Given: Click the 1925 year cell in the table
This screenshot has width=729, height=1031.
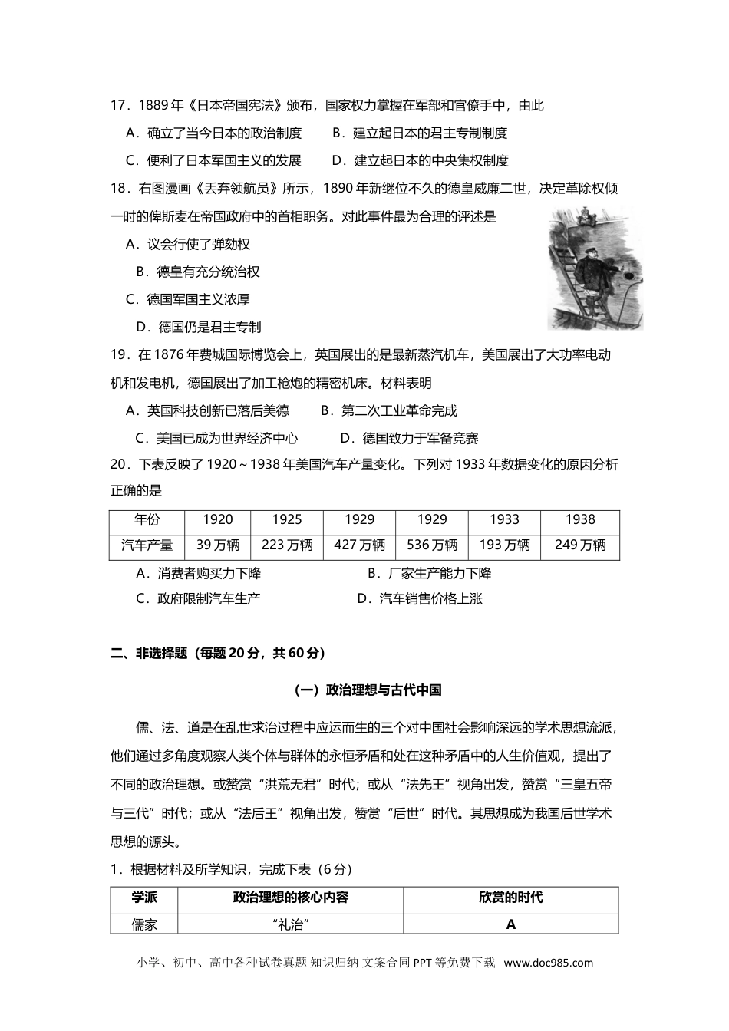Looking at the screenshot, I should pyautogui.click(x=286, y=519).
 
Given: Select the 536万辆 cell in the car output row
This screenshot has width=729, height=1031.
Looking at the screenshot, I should pyautogui.click(x=431, y=545).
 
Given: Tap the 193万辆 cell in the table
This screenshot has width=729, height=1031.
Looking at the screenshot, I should pyautogui.click(x=504, y=545).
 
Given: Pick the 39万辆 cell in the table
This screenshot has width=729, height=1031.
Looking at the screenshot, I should pyautogui.click(x=218, y=545).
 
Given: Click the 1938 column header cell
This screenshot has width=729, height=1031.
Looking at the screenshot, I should pyautogui.click(x=580, y=519).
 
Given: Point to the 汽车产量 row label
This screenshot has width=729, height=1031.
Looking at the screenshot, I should pyautogui.click(x=147, y=545).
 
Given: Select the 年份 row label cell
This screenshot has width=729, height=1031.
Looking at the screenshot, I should pyautogui.click(x=147, y=519).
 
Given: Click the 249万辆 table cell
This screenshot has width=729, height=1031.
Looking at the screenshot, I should pyautogui.click(x=580, y=545).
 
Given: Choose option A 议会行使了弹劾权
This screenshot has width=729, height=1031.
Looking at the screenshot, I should pyautogui.click(x=188, y=245).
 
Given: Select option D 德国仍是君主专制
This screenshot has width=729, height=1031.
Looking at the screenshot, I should pyautogui.click(x=199, y=327).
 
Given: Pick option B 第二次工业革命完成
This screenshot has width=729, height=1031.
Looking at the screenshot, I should pyautogui.click(x=388, y=410).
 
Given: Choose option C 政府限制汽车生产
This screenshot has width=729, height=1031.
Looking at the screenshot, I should pyautogui.click(x=198, y=598).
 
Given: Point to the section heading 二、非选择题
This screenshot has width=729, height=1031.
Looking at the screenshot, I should pyautogui.click(x=218, y=654).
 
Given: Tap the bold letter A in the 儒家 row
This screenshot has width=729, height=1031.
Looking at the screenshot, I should pyautogui.click(x=511, y=924).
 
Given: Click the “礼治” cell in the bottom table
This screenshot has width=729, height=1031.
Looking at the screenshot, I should pyautogui.click(x=290, y=924).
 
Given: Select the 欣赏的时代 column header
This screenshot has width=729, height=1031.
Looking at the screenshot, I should pyautogui.click(x=511, y=898).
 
